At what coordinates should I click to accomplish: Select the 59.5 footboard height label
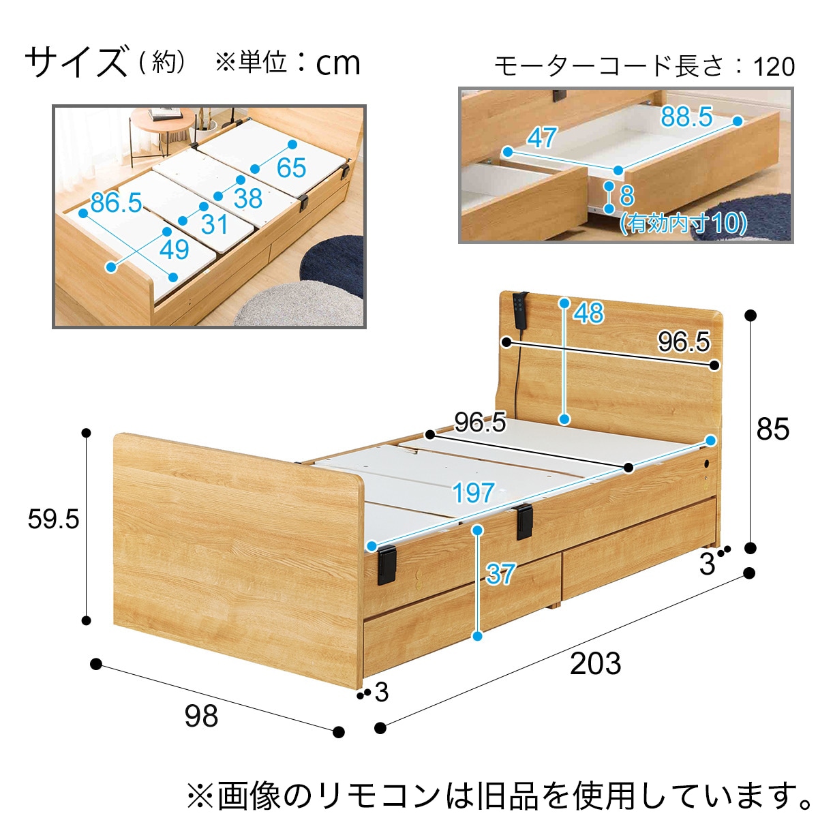(x=53, y=519)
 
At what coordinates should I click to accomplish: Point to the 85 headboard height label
(x=772, y=429)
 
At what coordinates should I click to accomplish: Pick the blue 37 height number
(x=501, y=573)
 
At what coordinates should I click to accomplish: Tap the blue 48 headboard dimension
(x=588, y=313)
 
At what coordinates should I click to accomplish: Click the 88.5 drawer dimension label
(x=686, y=117)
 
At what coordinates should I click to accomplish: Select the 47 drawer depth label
(x=541, y=138)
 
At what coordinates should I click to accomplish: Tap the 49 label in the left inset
(x=174, y=249)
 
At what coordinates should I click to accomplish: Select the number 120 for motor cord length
(x=774, y=67)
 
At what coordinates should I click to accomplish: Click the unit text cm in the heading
(x=338, y=63)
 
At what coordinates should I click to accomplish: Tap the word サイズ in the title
(x=76, y=62)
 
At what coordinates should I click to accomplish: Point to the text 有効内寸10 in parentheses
(x=683, y=223)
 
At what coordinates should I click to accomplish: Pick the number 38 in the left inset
(x=248, y=198)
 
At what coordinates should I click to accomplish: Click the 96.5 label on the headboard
(x=684, y=342)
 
